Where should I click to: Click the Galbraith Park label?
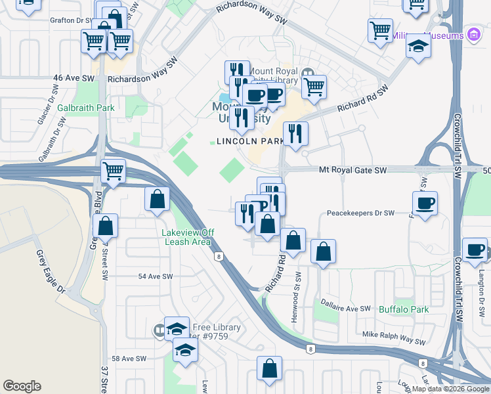point(85,108)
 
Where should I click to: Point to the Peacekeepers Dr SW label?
point(360,213)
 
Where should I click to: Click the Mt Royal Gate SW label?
point(352,170)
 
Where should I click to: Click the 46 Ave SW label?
point(74,77)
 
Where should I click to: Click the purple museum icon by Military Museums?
point(473,35)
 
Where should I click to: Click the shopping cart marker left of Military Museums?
point(380,30)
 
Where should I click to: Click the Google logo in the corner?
point(22,386)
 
